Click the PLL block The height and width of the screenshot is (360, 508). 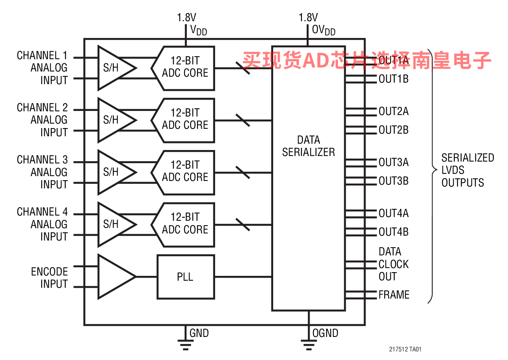tap(185, 277)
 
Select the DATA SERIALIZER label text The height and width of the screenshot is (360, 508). tap(308, 146)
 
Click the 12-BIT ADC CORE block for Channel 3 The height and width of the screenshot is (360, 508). tap(185, 172)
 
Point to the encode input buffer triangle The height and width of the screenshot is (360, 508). tap(114, 277)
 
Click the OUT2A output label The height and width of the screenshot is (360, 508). tap(393, 111)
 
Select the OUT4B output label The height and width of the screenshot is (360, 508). tap(393, 232)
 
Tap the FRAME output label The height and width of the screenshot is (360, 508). tap(394, 295)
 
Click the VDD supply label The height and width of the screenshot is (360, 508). tap(198, 30)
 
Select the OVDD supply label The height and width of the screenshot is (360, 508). tap(323, 30)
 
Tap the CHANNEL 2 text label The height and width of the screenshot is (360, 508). tap(42, 108)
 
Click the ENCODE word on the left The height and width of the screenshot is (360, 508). tap(49, 272)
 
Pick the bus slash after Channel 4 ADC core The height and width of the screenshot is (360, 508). tap(243, 224)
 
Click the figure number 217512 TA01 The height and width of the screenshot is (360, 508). tap(405, 349)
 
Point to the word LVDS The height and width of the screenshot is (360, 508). tap(453, 170)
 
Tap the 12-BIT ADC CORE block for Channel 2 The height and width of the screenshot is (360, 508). tap(185, 120)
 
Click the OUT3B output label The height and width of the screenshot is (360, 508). tap(393, 181)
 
